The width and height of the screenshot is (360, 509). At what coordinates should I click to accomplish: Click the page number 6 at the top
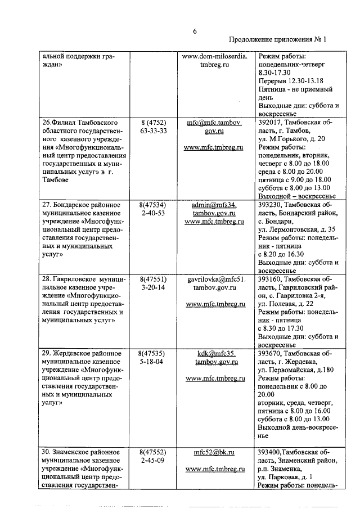195,31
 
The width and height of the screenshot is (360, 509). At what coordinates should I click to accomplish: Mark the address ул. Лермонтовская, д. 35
296,229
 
